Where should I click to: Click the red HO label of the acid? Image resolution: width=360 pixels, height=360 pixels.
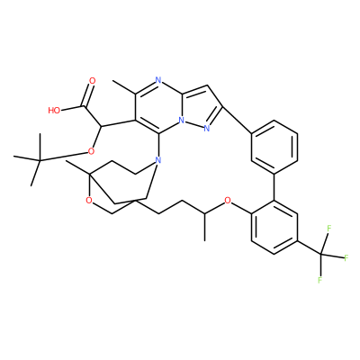(x=54, y=111)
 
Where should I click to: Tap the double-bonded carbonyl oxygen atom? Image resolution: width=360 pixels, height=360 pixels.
(x=93, y=81)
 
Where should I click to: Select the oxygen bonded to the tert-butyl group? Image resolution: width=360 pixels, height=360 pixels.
(x=92, y=151)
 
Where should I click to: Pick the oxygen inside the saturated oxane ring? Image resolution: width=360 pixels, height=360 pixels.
(x=88, y=200)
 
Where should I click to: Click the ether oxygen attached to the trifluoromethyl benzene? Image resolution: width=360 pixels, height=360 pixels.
(x=228, y=200)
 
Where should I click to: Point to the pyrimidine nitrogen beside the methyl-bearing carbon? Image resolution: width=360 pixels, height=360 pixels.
(x=158, y=80)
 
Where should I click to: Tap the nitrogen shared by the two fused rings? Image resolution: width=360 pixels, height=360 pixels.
(x=181, y=121)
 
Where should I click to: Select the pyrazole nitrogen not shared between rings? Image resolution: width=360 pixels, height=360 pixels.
(x=206, y=129)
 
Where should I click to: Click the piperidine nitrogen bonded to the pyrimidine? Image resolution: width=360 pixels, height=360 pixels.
(x=158, y=160)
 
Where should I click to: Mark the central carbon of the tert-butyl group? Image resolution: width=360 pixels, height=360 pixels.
(x=40, y=161)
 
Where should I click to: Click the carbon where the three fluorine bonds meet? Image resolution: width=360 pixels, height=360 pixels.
(x=321, y=255)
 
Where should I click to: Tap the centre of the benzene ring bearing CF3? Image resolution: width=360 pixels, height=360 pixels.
(x=274, y=228)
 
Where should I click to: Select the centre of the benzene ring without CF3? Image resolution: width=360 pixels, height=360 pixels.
(x=274, y=147)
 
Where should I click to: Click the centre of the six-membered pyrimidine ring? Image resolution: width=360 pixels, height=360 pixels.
(x=158, y=107)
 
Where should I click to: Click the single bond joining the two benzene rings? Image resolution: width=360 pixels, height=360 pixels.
(x=274, y=187)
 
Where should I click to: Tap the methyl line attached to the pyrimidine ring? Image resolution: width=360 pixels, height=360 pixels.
(x=123, y=87)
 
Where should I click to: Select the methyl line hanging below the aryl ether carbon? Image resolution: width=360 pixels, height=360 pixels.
(x=204, y=227)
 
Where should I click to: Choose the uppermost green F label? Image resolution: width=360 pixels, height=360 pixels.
(x=328, y=229)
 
